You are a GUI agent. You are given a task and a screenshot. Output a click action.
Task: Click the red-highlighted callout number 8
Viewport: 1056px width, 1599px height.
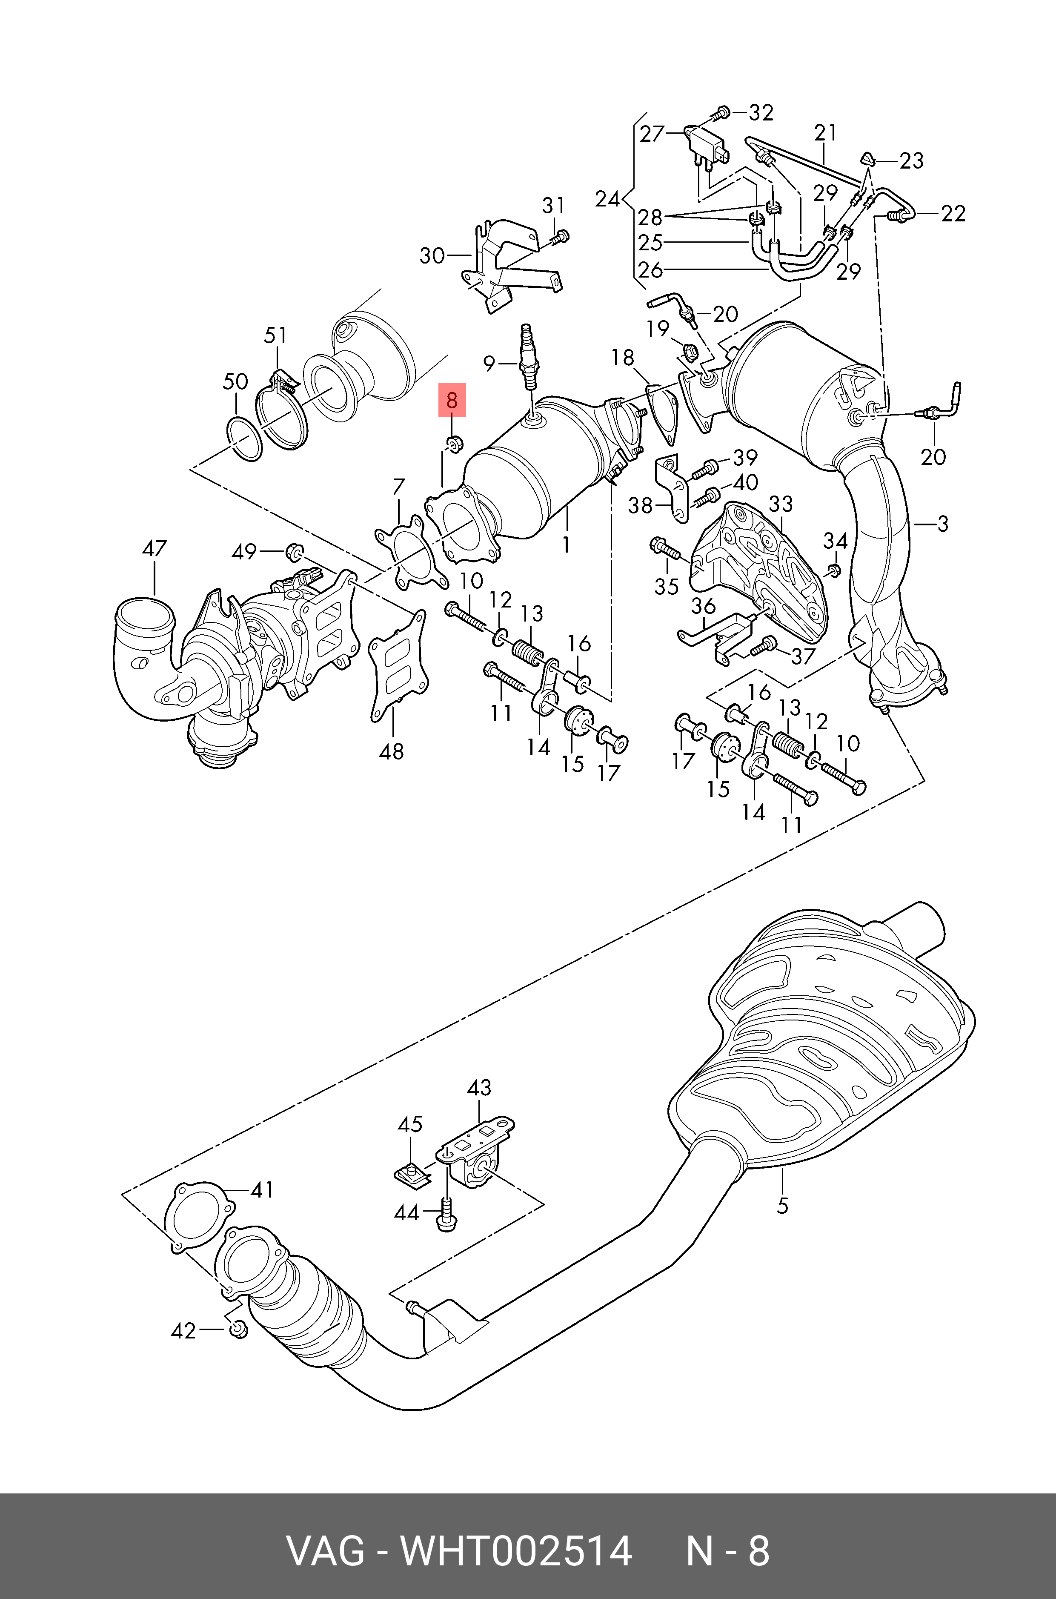[452, 400]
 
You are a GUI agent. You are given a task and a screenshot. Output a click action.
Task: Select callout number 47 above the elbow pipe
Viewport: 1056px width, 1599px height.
[154, 548]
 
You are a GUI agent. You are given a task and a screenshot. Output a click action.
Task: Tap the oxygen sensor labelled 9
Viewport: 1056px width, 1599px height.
[528, 357]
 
